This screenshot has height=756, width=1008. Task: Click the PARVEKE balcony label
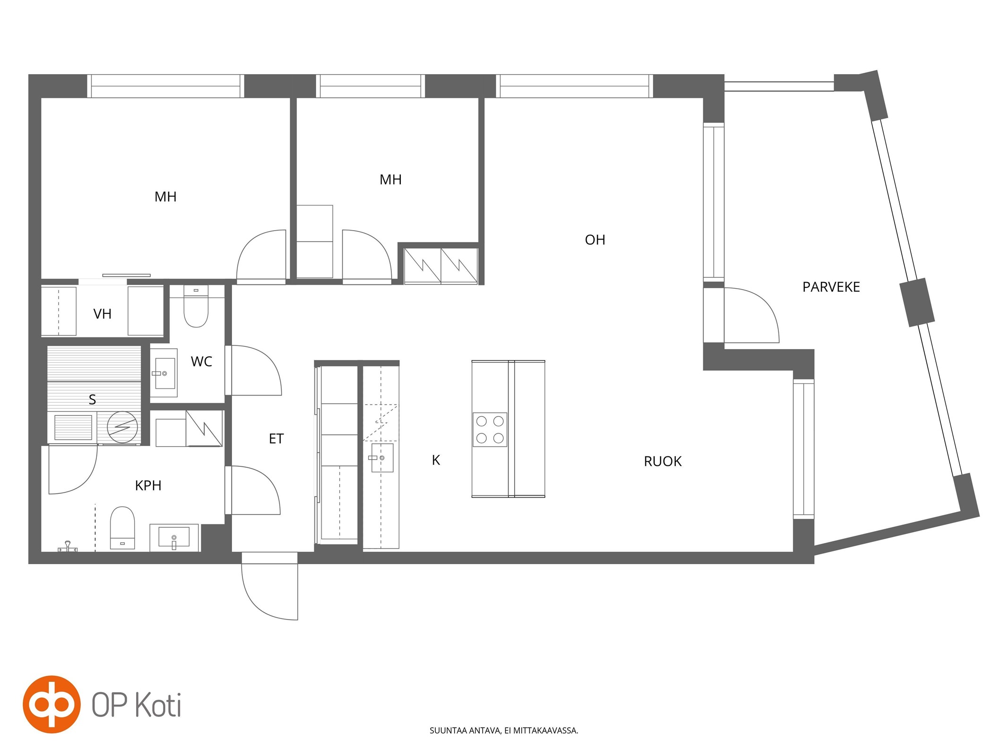831,287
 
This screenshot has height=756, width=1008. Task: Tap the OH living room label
595,240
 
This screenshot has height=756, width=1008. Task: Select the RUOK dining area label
663,461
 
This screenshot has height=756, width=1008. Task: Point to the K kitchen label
436,460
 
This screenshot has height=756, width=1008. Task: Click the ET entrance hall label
276,439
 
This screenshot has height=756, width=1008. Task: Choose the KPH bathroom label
148,486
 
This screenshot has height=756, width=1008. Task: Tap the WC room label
201,362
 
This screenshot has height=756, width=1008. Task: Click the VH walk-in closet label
103,314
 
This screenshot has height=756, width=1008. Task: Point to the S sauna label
93,400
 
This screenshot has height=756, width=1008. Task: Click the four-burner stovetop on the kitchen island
490,430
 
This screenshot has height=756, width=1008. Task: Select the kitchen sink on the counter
382,458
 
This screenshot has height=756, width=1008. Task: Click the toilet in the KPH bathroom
122,528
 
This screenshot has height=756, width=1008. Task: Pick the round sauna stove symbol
122,428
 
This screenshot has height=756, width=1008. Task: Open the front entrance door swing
270,586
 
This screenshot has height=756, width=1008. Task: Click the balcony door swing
751,315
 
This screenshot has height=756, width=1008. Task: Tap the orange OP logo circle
52,704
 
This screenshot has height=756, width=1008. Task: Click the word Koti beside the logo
158,705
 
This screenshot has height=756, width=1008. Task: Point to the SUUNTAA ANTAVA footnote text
504,730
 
